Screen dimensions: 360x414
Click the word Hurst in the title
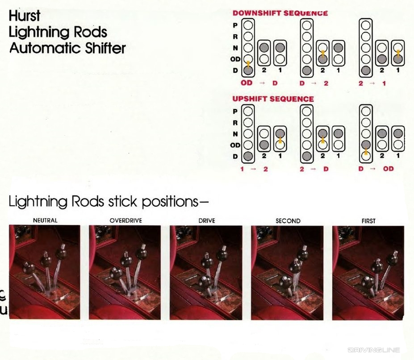click(25, 16)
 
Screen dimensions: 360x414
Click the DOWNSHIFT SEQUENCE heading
click(280, 13)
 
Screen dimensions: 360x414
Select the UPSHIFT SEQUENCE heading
click(273, 99)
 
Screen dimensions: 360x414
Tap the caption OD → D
click(259, 83)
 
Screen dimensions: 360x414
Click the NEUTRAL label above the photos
click(45, 220)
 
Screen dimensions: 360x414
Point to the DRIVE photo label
click(206, 220)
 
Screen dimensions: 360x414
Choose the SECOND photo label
click(288, 220)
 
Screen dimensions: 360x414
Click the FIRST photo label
click(368, 220)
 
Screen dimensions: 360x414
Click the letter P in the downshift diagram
click(235, 25)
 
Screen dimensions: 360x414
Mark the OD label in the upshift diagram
click(235, 145)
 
